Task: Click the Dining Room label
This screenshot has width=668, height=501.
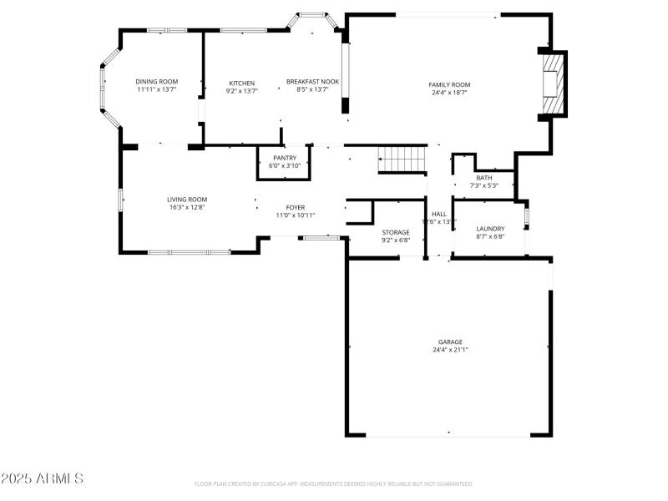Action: [157, 82]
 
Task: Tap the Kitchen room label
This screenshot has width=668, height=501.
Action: [242, 83]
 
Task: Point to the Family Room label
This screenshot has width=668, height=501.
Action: [449, 84]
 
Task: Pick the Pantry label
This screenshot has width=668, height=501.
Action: [284, 158]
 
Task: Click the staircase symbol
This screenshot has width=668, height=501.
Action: [402, 159]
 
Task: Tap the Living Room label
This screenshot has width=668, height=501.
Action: [186, 200]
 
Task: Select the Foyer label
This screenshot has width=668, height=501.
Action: [296, 207]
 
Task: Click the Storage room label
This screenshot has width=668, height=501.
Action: [396, 232]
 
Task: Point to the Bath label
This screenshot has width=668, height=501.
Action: [484, 178]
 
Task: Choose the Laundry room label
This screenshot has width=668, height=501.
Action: [490, 229]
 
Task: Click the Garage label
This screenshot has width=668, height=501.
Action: [450, 342]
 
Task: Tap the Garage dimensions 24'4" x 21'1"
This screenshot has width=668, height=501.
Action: [450, 350]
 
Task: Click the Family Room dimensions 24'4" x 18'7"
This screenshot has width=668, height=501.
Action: [449, 93]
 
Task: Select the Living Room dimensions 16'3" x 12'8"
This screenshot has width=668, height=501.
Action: [186, 207]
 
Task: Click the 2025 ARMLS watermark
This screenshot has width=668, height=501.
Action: [42, 478]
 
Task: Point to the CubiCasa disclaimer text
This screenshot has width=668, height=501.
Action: [333, 483]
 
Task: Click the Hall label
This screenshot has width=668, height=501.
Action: [439, 214]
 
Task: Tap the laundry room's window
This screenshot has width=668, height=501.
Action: [526, 218]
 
